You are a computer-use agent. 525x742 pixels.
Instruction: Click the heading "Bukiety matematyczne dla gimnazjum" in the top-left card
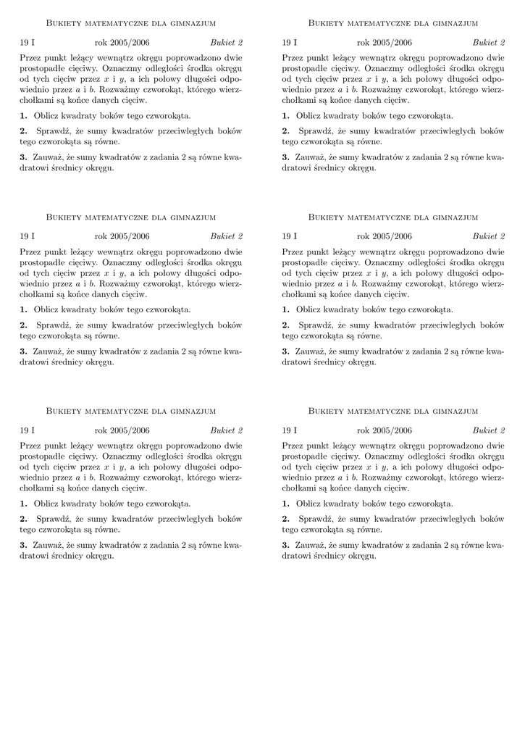tap(131, 23)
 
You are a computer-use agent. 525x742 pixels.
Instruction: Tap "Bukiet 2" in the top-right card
tap(489, 43)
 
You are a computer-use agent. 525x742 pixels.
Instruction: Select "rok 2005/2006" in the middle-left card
tap(122, 236)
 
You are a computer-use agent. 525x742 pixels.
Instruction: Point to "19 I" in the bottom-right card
tap(289, 430)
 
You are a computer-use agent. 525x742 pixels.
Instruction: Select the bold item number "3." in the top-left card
tap(23, 157)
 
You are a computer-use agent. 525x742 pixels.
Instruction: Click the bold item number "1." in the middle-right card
tap(285, 309)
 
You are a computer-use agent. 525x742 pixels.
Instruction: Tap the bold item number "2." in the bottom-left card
tap(23, 519)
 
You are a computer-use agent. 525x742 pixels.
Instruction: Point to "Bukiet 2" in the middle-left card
tap(227, 236)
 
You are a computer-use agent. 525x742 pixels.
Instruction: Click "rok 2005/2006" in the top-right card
tap(384, 43)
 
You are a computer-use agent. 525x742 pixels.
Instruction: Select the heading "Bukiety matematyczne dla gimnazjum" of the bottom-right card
tap(393, 411)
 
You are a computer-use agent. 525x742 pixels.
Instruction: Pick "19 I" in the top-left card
tap(27, 43)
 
